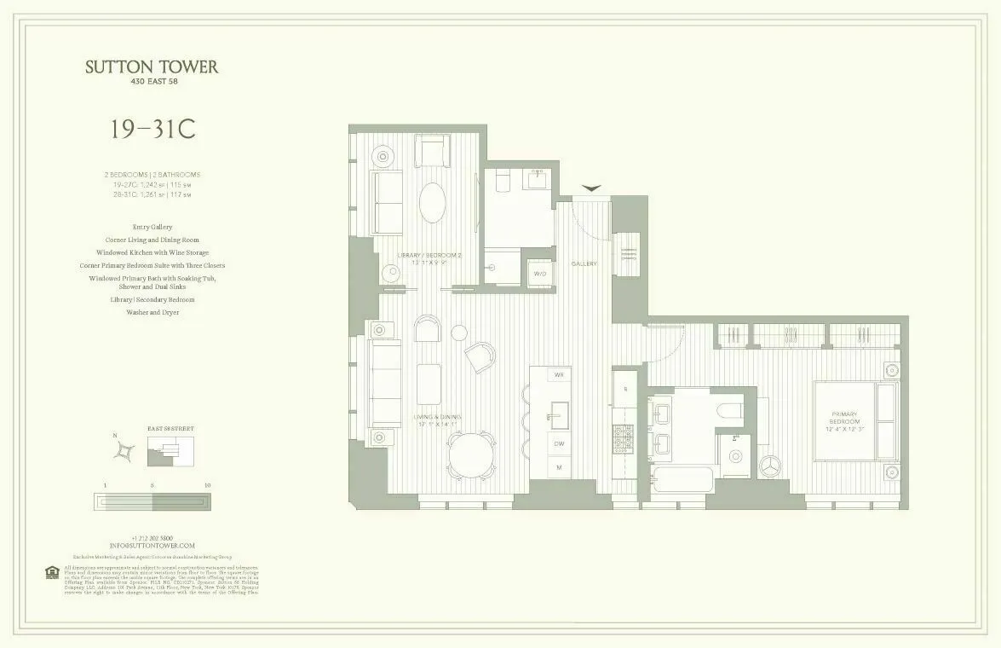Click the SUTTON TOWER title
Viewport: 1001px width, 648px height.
coord(152,67)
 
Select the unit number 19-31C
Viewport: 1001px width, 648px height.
coord(152,130)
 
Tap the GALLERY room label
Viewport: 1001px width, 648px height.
coord(584,263)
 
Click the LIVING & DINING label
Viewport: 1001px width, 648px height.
coord(435,419)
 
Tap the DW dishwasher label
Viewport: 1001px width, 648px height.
coord(560,443)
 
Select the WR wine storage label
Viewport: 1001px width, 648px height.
coord(560,375)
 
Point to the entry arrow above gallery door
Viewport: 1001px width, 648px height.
coord(591,188)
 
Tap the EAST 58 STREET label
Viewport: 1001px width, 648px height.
coord(170,428)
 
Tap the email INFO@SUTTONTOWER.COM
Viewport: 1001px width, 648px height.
coord(152,545)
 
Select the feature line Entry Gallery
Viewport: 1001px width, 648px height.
coord(152,227)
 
